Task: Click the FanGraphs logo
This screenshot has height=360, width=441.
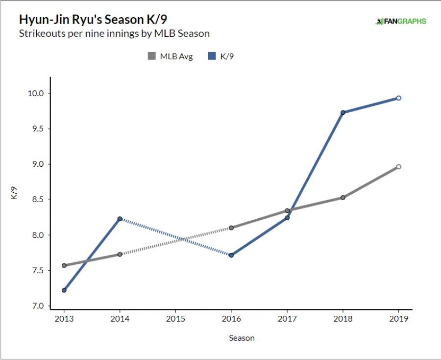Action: (400, 21)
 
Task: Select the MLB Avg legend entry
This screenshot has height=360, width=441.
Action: (171, 56)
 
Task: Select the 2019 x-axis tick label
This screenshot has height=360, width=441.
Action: (399, 319)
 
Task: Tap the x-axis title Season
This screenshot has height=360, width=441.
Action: (242, 338)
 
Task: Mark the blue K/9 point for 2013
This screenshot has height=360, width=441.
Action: (64, 290)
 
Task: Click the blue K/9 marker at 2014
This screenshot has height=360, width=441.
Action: (120, 219)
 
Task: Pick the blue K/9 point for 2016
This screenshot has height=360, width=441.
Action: (231, 255)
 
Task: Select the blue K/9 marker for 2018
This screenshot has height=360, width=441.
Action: (343, 112)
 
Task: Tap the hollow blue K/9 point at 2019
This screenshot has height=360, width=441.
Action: (399, 98)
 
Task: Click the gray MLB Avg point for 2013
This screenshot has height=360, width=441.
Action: (64, 265)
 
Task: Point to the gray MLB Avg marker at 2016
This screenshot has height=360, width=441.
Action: (231, 228)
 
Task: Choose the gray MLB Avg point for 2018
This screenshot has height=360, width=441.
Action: (343, 198)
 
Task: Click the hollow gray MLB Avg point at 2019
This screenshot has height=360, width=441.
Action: (399, 167)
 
